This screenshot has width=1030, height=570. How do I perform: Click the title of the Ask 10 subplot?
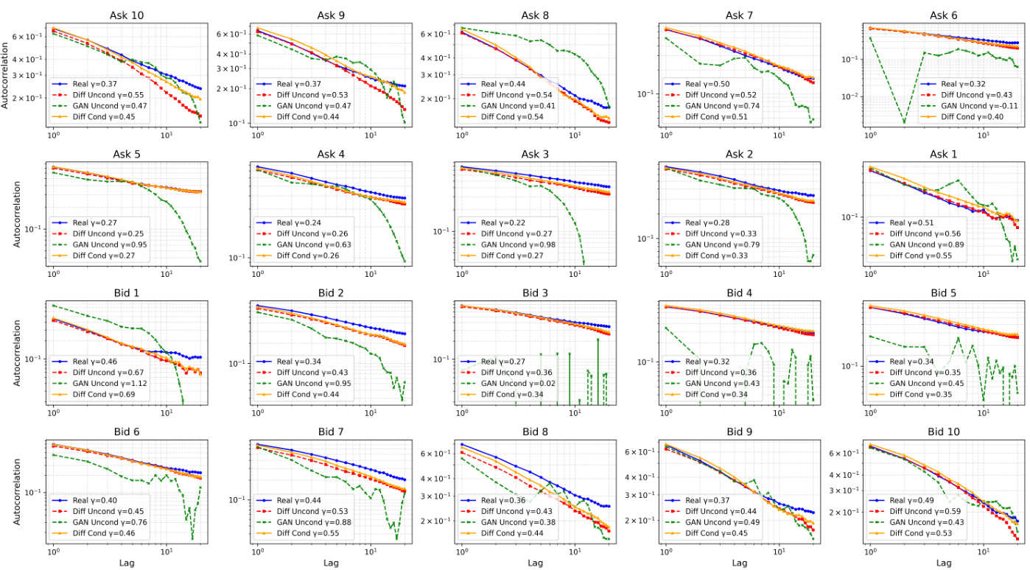pyautogui.click(x=127, y=15)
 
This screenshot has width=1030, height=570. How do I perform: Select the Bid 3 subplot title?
pyautogui.click(x=535, y=292)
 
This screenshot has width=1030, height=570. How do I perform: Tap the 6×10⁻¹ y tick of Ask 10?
pyautogui.click(x=27, y=37)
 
